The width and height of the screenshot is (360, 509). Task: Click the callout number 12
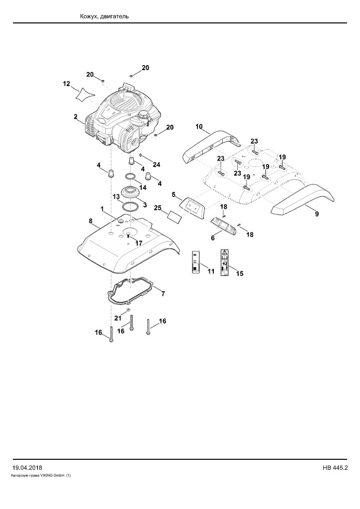[x=66, y=84]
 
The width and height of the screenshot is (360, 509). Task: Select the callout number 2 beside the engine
[x=75, y=116]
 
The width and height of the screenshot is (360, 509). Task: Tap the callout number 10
[x=199, y=126]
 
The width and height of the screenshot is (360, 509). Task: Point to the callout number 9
[x=317, y=214]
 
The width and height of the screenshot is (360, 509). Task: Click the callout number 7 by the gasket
[x=163, y=294]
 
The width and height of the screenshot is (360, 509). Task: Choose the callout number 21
[x=117, y=318]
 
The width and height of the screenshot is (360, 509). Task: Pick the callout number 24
[x=157, y=165]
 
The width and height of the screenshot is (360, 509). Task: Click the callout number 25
[x=158, y=208]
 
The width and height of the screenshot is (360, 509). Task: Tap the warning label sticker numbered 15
[x=224, y=262]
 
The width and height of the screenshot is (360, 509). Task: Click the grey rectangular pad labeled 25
[x=175, y=216]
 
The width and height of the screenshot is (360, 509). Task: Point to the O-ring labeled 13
[x=129, y=207]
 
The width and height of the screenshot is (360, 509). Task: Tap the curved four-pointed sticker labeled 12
[x=84, y=93]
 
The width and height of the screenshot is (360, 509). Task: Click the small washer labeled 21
[x=129, y=310]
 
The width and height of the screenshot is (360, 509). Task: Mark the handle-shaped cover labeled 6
[x=224, y=224]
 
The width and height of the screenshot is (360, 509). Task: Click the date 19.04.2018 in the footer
[x=27, y=468]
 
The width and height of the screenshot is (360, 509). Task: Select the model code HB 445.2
[x=335, y=468]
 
